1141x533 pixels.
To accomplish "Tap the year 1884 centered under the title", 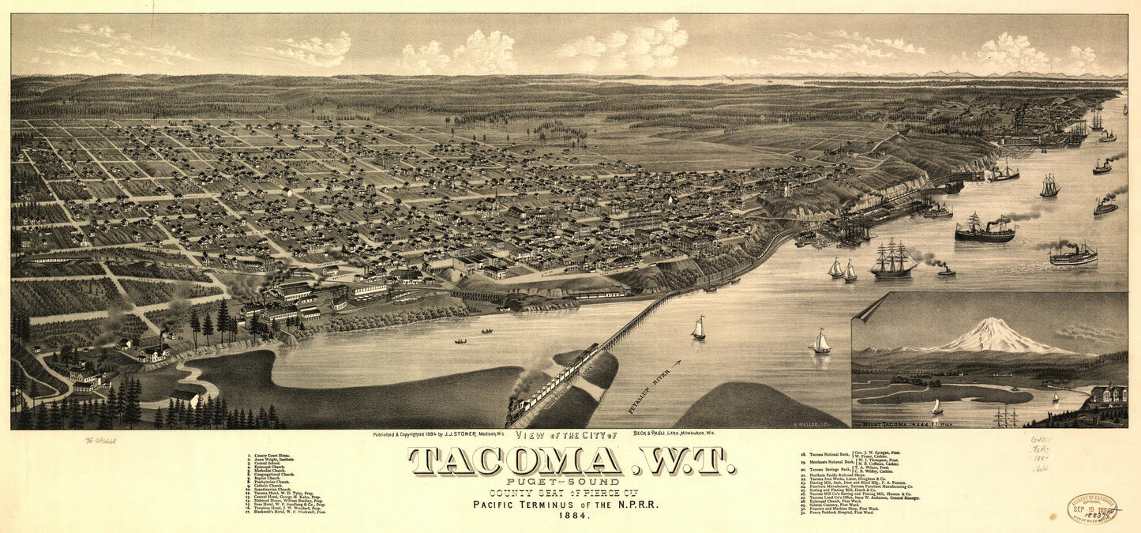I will [570, 516].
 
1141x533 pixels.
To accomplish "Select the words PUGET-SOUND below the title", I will [570, 480].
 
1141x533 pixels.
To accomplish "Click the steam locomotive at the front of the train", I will [520, 404].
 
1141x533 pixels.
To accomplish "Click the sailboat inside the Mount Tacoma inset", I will [937, 407].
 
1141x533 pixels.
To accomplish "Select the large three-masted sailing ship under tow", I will [892, 259].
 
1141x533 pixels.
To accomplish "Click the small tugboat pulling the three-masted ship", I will [945, 271].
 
